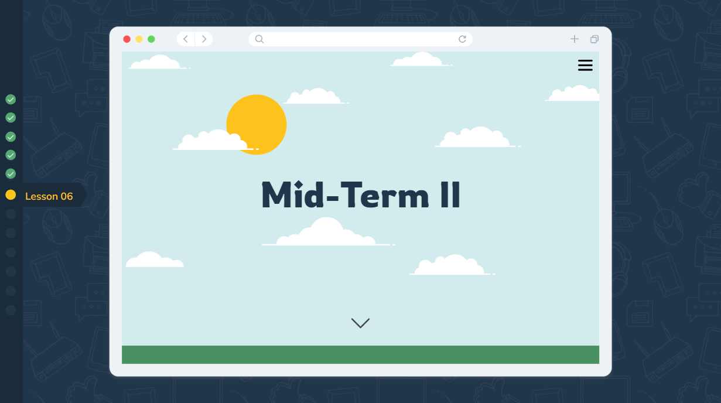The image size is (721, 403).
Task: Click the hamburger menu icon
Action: (585, 65)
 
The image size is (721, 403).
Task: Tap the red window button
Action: (127, 39)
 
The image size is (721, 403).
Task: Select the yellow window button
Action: (139, 39)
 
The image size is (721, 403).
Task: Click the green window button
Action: (151, 39)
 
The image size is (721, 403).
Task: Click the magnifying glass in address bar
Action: (259, 39)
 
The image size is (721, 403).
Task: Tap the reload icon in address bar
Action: (462, 39)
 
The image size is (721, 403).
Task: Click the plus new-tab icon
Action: (575, 39)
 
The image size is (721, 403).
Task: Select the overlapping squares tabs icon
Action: (594, 39)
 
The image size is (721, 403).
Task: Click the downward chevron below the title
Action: (360, 323)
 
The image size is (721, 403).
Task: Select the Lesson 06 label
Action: (49, 196)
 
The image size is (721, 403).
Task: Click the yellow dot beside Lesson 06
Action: (11, 195)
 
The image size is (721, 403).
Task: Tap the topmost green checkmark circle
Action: (11, 100)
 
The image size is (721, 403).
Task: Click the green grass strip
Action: (360, 354)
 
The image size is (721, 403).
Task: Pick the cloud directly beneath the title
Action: (327, 233)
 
